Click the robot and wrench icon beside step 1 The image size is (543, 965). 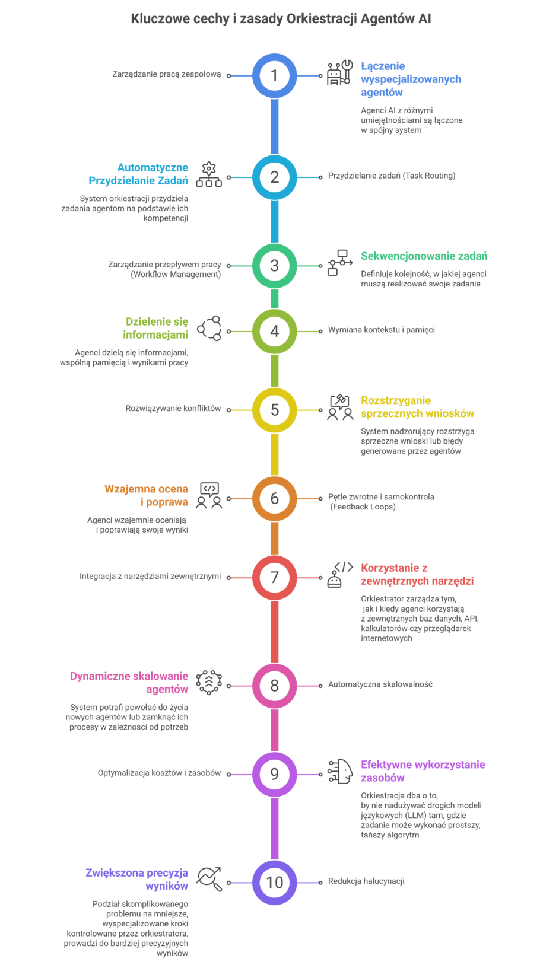[339, 72]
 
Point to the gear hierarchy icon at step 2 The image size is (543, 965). [209, 174]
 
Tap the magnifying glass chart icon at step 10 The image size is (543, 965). [209, 879]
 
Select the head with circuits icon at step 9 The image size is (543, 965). [339, 771]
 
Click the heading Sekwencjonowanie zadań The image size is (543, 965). [424, 256]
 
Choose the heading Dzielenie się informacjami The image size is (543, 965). [155, 328]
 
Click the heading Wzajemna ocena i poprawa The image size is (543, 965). [147, 495]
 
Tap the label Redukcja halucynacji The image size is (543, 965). [366, 881]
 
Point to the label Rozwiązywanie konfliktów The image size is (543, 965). [173, 409]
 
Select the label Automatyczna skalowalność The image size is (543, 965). [380, 684]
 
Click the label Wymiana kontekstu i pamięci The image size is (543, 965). [382, 330]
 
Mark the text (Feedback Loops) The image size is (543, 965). [363, 507]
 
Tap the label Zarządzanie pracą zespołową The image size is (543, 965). [167, 74]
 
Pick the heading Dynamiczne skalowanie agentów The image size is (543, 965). [129, 683]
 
